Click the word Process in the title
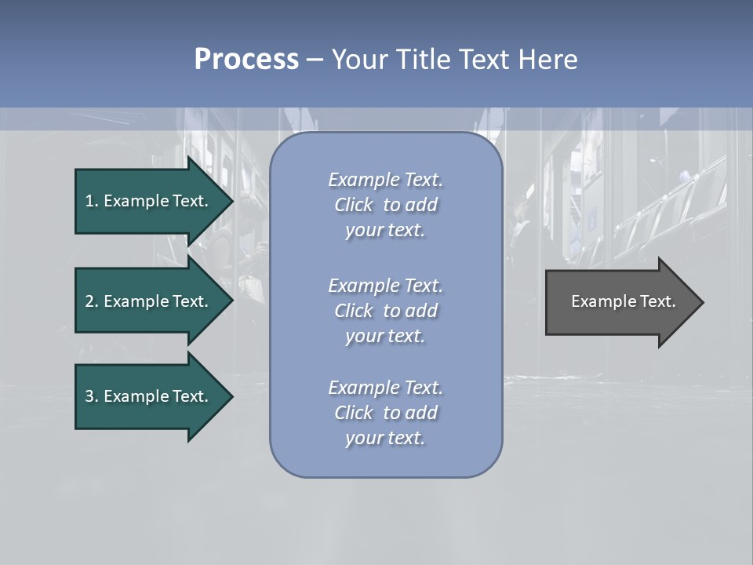click(x=246, y=60)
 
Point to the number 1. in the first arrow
click(x=92, y=201)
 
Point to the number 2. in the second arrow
click(x=92, y=301)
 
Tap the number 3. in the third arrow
click(x=92, y=396)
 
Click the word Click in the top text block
click(x=354, y=205)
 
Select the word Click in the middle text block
click(x=354, y=311)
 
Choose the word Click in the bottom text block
click(x=354, y=413)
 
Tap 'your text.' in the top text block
click(x=385, y=231)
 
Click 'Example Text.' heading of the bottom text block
click(x=385, y=388)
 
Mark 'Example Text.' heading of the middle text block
click(x=385, y=286)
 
